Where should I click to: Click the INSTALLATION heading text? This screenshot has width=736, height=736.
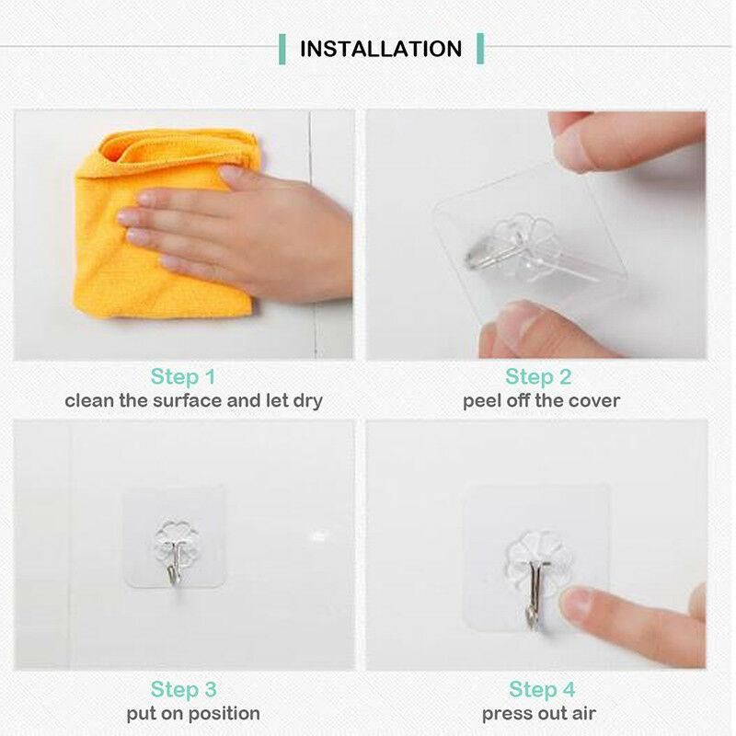point(381,49)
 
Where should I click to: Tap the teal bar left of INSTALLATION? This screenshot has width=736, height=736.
point(282,49)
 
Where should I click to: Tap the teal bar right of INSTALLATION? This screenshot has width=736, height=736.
point(480,49)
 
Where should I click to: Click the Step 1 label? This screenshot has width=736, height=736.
point(183,376)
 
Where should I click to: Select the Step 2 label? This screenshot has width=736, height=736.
point(538,376)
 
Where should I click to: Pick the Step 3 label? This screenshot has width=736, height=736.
point(183,689)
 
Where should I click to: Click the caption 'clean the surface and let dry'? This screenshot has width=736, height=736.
point(193,401)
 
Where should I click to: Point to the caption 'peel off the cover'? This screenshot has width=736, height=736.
point(541,401)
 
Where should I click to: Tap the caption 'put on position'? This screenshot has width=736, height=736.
point(193,713)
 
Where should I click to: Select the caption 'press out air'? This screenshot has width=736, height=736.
point(539,713)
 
